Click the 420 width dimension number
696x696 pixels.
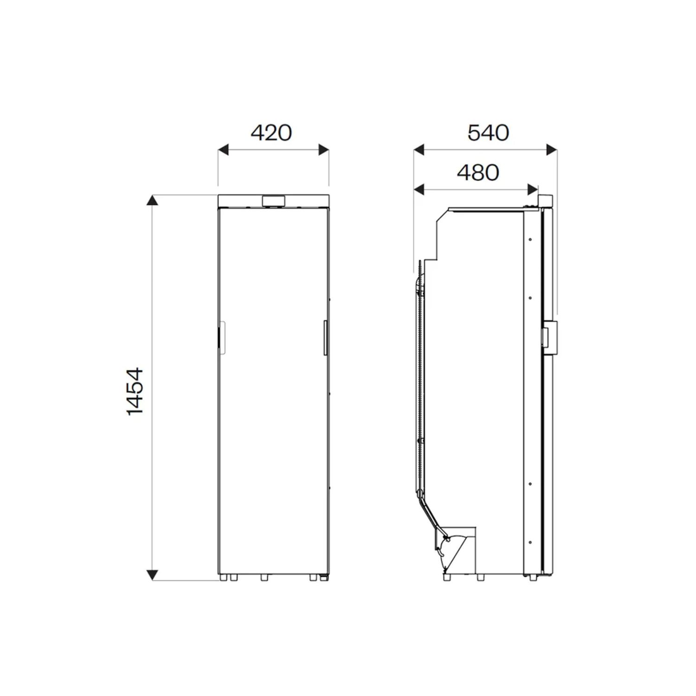(271, 133)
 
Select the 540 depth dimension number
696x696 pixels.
(488, 133)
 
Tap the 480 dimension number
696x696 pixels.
(478, 173)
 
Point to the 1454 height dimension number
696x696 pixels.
(135, 392)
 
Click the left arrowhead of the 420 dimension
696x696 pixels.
(224, 149)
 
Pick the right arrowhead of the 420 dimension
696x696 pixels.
(323, 149)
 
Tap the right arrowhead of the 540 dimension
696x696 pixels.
(551, 149)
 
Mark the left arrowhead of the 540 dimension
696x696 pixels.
(419, 149)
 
